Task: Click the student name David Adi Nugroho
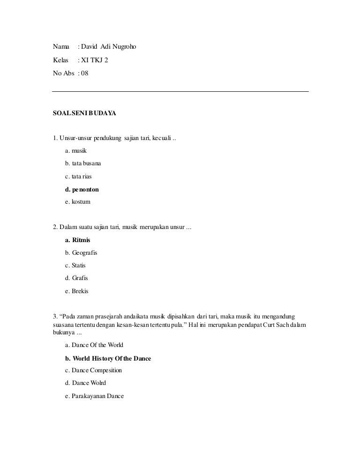pyautogui.click(x=109, y=47)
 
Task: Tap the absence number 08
pyautogui.click(x=84, y=74)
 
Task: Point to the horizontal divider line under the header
pyautogui.click(x=180, y=91)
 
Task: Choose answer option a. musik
pyautogui.click(x=76, y=151)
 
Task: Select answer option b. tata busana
pyautogui.click(x=83, y=164)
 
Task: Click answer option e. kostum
pyautogui.click(x=78, y=202)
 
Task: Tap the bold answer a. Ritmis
pyautogui.click(x=78, y=240)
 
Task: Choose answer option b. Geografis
pyautogui.click(x=81, y=253)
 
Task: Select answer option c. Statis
pyautogui.click(x=75, y=266)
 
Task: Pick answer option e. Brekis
pyautogui.click(x=77, y=291)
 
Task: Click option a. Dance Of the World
pyautogui.click(x=94, y=345)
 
